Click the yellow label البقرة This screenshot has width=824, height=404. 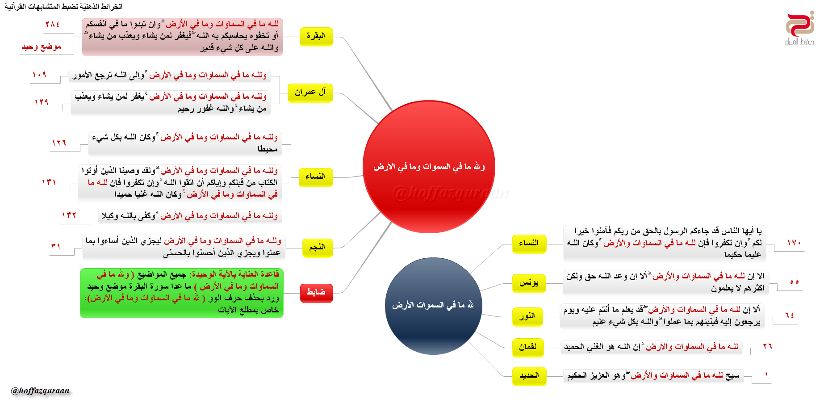[x=316, y=36]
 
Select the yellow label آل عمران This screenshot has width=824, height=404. [x=310, y=93]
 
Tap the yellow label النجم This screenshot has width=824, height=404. [x=317, y=248]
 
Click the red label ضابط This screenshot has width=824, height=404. [x=316, y=293]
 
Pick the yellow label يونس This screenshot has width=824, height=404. [x=529, y=283]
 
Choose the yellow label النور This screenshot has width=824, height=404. [x=527, y=316]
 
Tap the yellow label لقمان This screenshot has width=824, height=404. [x=528, y=347]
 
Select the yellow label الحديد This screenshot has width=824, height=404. [x=529, y=376]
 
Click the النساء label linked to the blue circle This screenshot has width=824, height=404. [x=529, y=244]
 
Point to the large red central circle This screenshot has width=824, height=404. [x=429, y=167]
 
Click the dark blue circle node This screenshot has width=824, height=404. [x=433, y=306]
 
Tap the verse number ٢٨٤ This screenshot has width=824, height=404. [x=52, y=25]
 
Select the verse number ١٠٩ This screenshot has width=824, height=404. [x=39, y=75]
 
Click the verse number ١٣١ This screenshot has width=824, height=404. [x=49, y=182]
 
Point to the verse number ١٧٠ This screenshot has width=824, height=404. [x=794, y=243]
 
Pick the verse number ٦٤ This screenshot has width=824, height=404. [x=790, y=316]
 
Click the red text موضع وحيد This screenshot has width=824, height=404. [x=41, y=47]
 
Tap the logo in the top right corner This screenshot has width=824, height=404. [x=799, y=28]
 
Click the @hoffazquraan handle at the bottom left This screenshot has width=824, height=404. [x=40, y=391]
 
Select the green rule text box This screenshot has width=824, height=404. [x=182, y=293]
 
